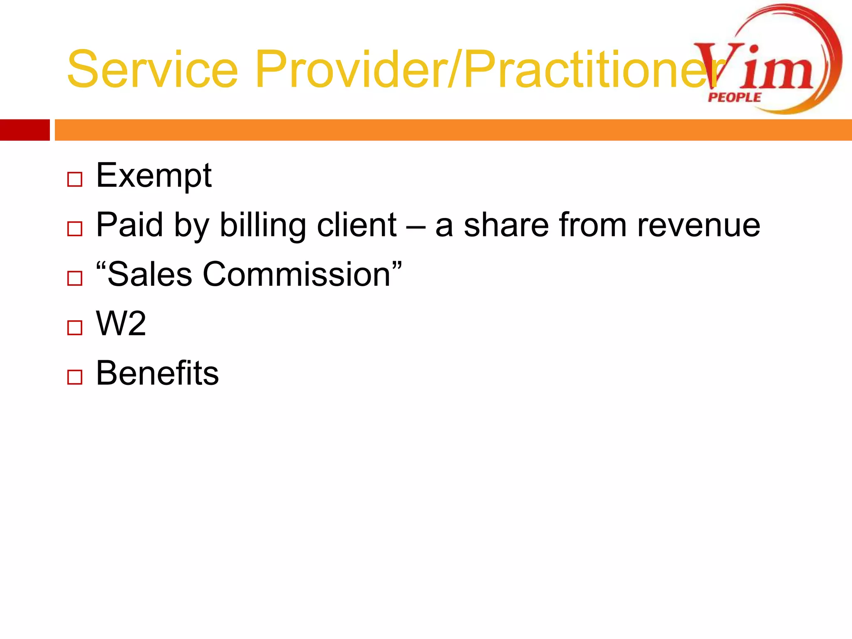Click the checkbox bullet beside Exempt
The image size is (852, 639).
[x=75, y=180]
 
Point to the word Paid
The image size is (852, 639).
[x=129, y=225]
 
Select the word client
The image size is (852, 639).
[x=357, y=225]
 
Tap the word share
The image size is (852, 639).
[x=506, y=225]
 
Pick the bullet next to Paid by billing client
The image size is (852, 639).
[x=75, y=229]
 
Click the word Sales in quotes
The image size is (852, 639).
[x=149, y=274]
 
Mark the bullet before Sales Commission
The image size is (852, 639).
[x=75, y=278]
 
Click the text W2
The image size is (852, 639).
[x=121, y=323]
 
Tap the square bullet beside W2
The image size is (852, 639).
[x=75, y=328]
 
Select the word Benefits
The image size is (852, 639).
[x=157, y=373]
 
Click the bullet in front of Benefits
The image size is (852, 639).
[x=75, y=377]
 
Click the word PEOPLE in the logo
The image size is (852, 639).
[x=734, y=98]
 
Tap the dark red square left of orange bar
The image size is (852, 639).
[x=25, y=130]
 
